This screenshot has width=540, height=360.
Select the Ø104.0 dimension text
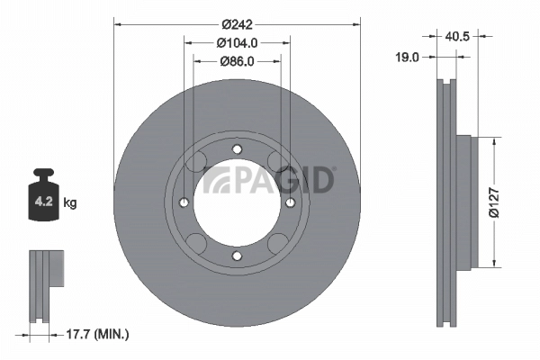tap(238, 42)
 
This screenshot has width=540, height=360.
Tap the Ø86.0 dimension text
tap(238, 61)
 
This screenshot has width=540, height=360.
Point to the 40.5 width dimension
tap(459, 36)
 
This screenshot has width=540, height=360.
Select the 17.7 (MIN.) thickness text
tap(98, 334)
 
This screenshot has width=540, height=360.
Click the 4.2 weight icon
tap(44, 201)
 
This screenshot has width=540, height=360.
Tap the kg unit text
tap(70, 203)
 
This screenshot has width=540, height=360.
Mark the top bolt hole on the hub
tap(237, 149)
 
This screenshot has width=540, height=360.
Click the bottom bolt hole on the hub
tap(237, 256)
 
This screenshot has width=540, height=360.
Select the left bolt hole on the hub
tap(184, 202)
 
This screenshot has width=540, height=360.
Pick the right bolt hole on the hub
tap(290, 202)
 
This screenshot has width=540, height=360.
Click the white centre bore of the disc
tap(237, 202)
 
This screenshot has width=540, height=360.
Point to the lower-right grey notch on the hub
tap(275, 241)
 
